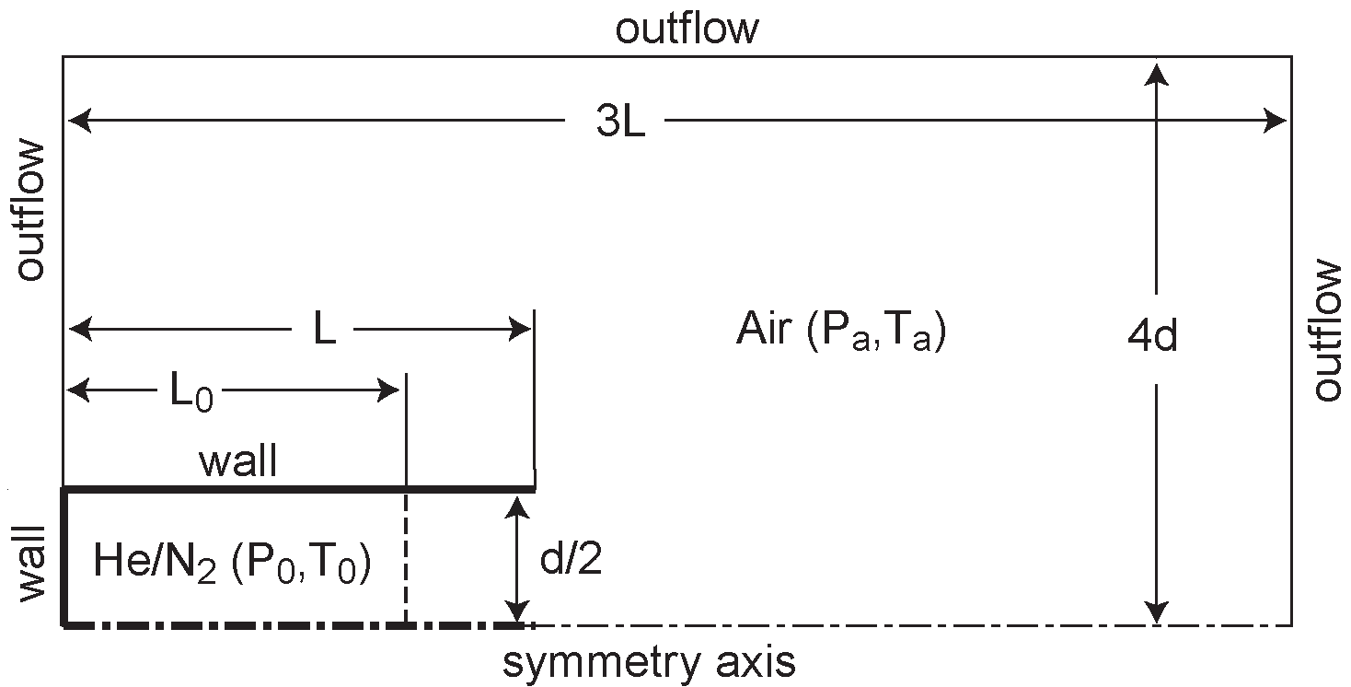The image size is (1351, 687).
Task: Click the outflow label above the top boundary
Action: coord(687,29)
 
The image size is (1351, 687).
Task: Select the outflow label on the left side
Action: coord(30,210)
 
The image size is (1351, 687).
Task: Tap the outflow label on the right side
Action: coord(1328,330)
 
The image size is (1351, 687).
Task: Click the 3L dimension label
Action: coord(620,122)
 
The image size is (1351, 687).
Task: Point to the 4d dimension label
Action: coord(1152,338)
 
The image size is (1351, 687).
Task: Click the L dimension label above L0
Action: coord(324,331)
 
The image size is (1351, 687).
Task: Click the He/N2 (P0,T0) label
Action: coord(232,564)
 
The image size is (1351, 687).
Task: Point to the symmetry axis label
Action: coord(648,661)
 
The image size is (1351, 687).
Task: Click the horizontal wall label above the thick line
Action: coord(238,461)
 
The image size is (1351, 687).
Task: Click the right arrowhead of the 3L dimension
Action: coord(1277,120)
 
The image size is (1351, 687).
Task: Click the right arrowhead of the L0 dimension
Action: coord(390,391)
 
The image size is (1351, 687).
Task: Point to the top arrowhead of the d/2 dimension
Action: coord(519,505)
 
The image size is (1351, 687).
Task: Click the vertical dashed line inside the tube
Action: coord(406,557)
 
